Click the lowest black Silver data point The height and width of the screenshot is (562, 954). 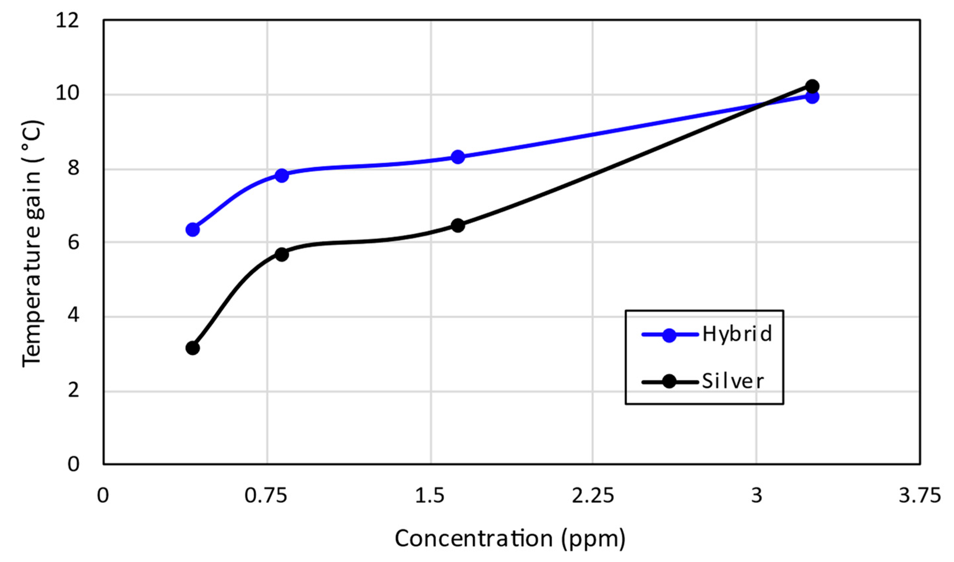pyautogui.click(x=193, y=348)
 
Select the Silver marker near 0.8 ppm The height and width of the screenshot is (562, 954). pyautogui.click(x=282, y=254)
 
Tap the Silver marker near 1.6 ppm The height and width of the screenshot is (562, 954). pyautogui.click(x=458, y=226)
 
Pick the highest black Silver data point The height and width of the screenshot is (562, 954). pyautogui.click(x=812, y=86)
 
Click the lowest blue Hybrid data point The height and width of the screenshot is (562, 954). pyautogui.click(x=193, y=230)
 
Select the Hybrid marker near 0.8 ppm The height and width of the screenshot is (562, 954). pyautogui.click(x=282, y=176)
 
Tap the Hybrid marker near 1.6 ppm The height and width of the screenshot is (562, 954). pyautogui.click(x=458, y=157)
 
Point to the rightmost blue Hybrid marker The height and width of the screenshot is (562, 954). pyautogui.click(x=812, y=97)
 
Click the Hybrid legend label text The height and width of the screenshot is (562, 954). pyautogui.click(x=737, y=334)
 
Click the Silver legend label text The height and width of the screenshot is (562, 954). pyautogui.click(x=733, y=382)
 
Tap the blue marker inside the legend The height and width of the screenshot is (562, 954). pyautogui.click(x=669, y=335)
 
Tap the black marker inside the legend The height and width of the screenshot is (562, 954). pyautogui.click(x=669, y=382)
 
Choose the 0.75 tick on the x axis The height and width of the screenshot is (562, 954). pyautogui.click(x=266, y=496)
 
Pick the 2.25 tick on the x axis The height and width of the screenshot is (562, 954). pyautogui.click(x=592, y=496)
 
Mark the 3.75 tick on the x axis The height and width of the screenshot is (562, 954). pyautogui.click(x=919, y=496)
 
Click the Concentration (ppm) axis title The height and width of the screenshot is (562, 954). pyautogui.click(x=510, y=538)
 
